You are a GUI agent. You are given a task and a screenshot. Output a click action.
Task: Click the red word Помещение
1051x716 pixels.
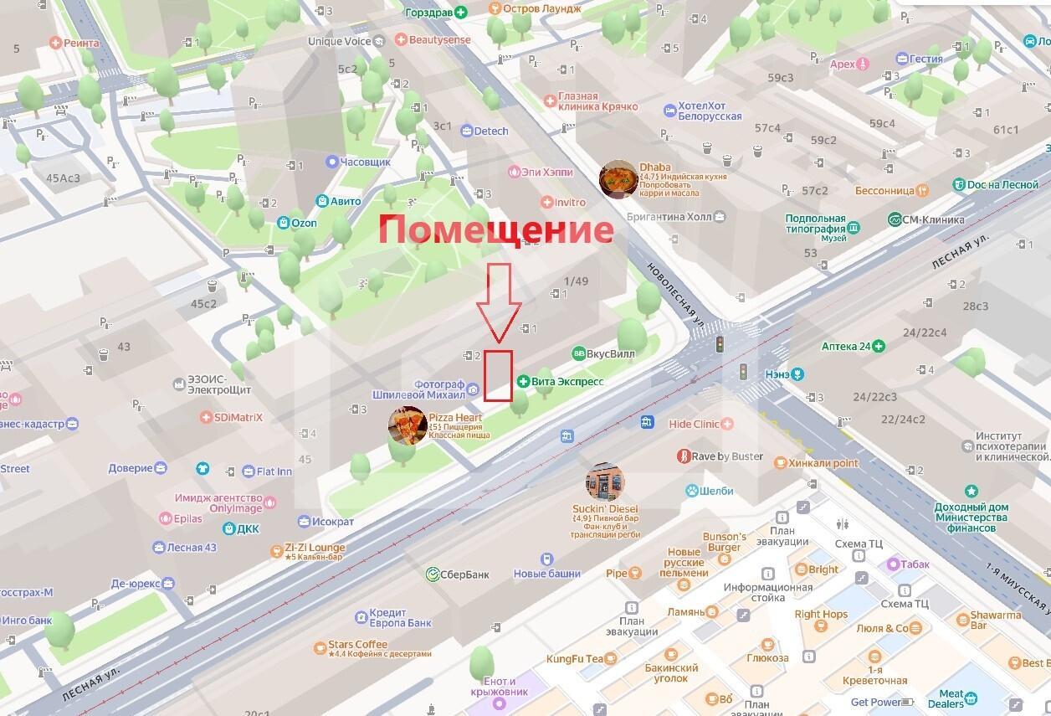(x=495, y=229)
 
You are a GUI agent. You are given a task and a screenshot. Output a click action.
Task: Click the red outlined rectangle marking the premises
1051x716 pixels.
(x=499, y=375)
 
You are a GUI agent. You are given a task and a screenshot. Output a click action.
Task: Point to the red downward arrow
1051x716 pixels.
(x=499, y=301)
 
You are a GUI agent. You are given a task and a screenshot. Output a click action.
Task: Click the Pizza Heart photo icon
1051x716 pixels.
(x=408, y=425)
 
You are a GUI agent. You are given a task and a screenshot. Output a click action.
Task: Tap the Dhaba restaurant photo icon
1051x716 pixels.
(x=618, y=179)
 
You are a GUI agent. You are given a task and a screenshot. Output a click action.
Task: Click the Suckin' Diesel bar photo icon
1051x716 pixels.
(x=605, y=482)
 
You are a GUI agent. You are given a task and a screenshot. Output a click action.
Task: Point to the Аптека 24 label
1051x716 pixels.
(x=846, y=346)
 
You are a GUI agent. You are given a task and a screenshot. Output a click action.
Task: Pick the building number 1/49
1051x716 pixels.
(x=577, y=281)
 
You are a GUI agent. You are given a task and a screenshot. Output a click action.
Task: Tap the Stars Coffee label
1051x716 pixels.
(x=351, y=645)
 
